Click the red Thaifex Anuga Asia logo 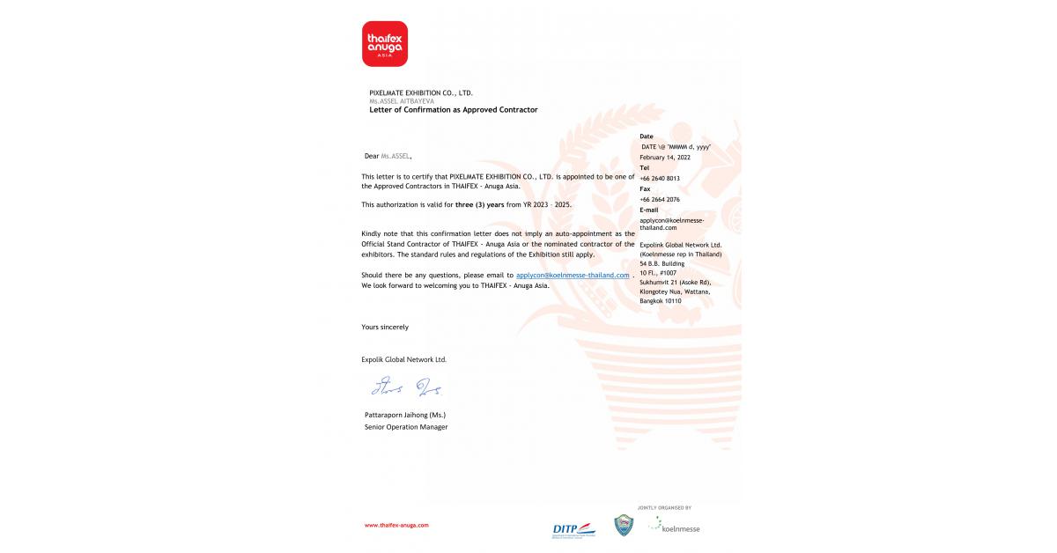tap(384, 44)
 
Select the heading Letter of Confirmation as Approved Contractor tap(453, 110)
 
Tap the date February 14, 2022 tap(665, 157)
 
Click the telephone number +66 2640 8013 tap(660, 178)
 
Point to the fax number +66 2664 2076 tap(660, 199)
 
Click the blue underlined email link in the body tap(573, 275)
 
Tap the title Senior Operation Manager tap(406, 427)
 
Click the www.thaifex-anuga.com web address tap(396, 525)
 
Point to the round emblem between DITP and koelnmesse tap(624, 526)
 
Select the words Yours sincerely tap(385, 327)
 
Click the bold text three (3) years tap(480, 204)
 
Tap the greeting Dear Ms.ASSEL tap(388, 156)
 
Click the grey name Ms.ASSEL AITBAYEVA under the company tap(402, 101)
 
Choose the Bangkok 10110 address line tap(661, 301)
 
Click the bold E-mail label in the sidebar tap(649, 210)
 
